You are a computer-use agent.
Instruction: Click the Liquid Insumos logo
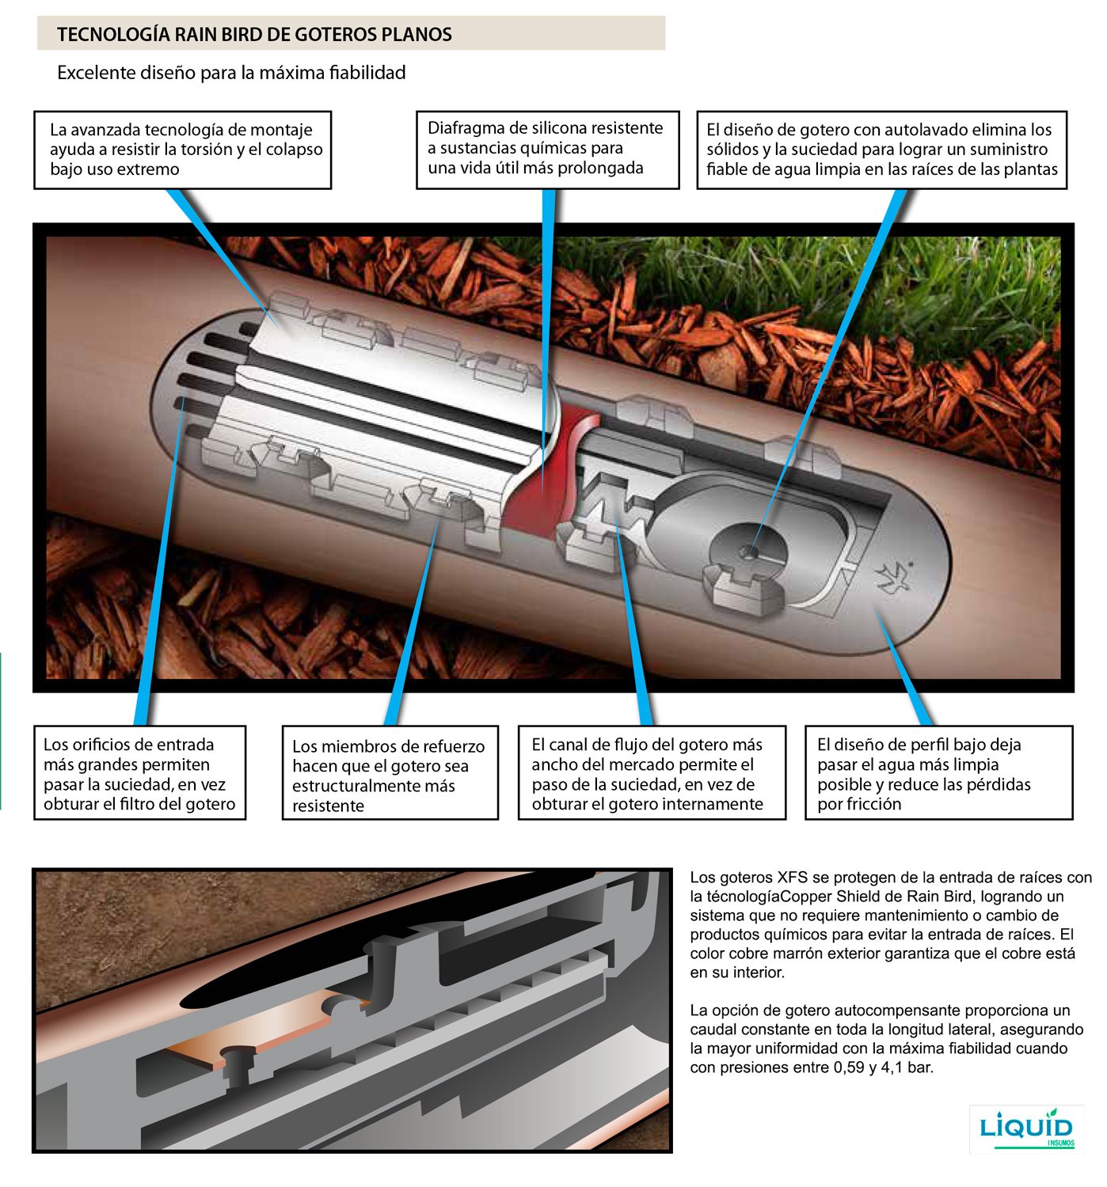point(1026,1128)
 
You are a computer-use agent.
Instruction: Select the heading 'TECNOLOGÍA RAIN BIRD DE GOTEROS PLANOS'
point(254,34)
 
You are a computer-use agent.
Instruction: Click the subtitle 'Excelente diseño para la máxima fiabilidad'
point(231,73)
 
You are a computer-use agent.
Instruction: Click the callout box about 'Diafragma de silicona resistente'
point(547,149)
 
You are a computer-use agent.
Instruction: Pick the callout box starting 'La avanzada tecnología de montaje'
point(182,150)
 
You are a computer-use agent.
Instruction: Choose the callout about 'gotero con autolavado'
point(881,150)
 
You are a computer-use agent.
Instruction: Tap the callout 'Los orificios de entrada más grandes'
point(139,773)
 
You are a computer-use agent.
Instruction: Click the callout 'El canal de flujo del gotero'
point(651,773)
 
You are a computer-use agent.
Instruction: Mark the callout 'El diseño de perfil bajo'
point(938,773)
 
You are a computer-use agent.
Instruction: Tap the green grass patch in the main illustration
point(831,285)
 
